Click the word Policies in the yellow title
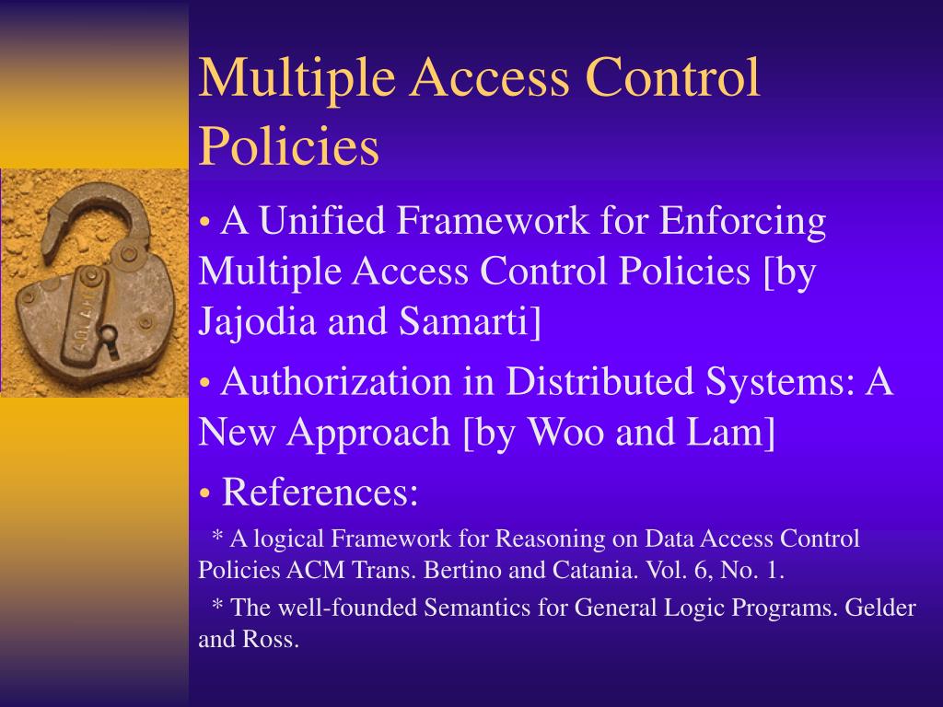click(288, 146)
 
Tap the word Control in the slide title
click(672, 77)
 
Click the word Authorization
click(336, 382)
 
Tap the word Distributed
click(600, 382)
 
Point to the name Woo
click(565, 433)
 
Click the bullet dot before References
click(205, 493)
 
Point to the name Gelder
click(879, 608)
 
